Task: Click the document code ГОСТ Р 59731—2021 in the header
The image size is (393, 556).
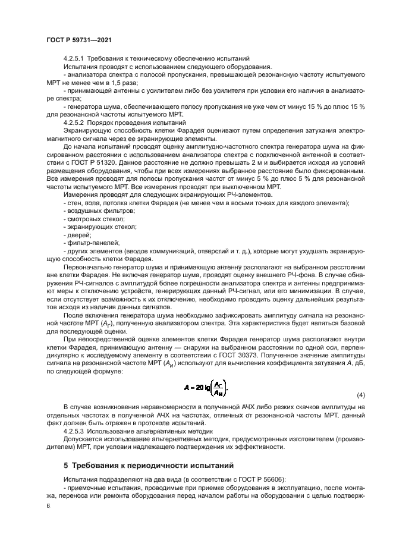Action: pyautogui.click(x=79, y=40)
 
